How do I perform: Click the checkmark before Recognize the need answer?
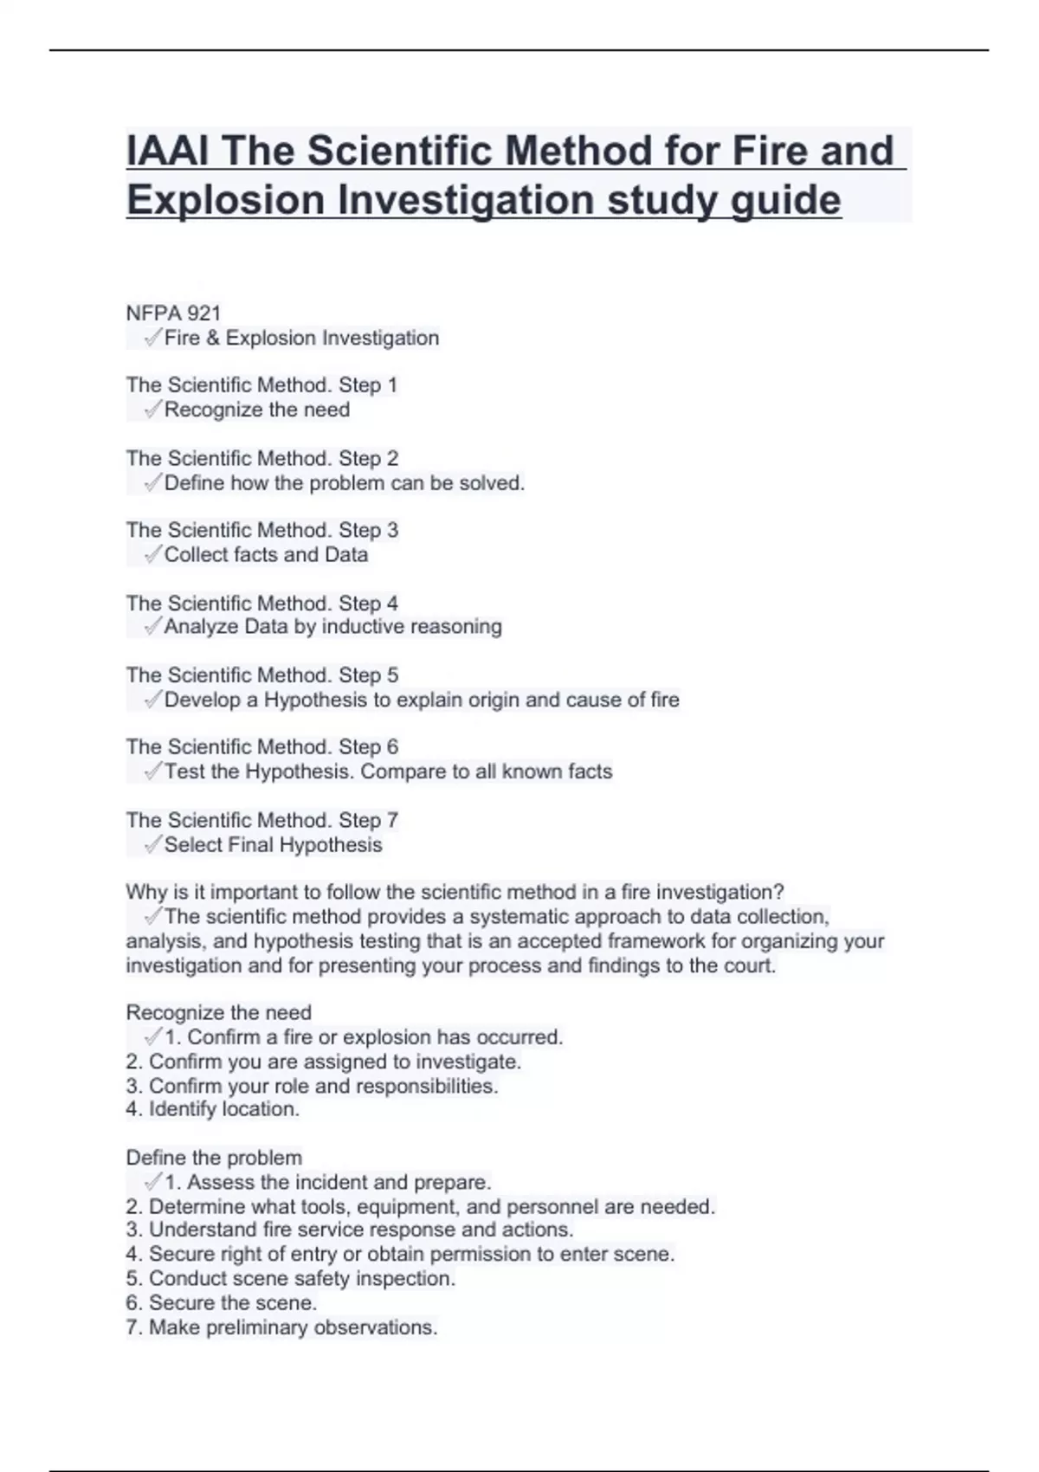152,410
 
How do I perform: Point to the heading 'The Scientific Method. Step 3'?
261,530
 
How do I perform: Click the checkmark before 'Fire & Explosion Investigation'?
152,338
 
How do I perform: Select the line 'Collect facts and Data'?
266,555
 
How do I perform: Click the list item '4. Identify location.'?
212,1109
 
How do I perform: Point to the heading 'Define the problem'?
214,1158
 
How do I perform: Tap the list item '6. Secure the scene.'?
221,1303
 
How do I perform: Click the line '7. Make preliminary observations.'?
281,1327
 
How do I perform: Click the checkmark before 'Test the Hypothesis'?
152,772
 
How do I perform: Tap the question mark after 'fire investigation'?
779,892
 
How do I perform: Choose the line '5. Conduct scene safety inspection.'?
290,1279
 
